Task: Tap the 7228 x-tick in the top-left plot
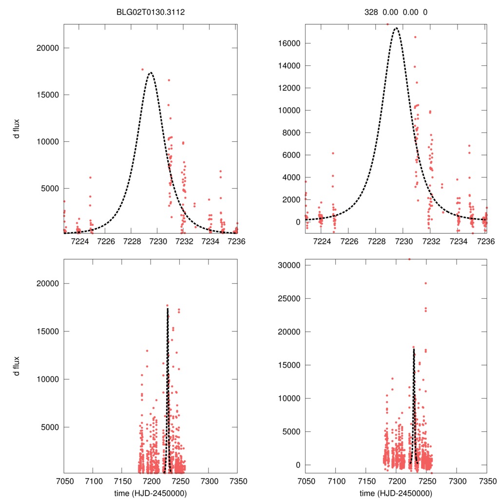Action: coord(133,241)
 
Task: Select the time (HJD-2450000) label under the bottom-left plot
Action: coord(151,493)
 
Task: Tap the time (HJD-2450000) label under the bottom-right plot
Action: coord(396,493)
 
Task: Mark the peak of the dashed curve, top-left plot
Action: coord(151,73)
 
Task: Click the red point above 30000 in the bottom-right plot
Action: coord(409,259)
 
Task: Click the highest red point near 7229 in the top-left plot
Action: coord(142,69)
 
